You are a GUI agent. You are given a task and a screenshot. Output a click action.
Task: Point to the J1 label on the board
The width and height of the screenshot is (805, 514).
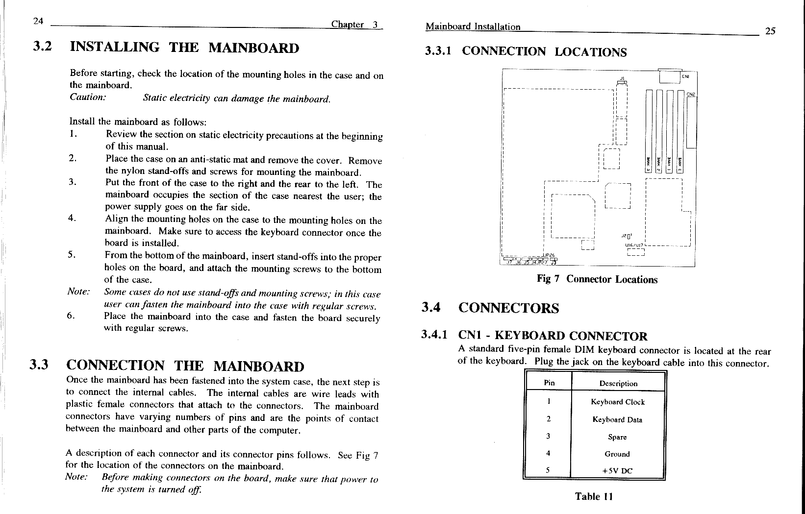point(622,78)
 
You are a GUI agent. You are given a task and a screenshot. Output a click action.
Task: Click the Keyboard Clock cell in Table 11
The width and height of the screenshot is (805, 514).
point(618,402)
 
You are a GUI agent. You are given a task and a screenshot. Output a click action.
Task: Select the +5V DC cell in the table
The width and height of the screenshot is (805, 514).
point(617,471)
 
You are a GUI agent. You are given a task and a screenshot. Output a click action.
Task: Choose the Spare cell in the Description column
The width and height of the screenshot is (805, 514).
point(617,437)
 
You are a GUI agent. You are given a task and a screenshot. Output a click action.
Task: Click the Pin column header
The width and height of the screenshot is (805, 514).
point(549,383)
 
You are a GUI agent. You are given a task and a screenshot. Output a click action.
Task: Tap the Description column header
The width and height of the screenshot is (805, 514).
point(618,383)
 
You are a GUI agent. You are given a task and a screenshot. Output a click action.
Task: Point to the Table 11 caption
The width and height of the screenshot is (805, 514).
point(594,496)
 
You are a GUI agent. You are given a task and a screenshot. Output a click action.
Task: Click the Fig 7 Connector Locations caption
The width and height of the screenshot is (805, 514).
point(597,279)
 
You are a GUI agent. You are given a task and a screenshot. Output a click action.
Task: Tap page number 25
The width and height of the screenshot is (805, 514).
point(770,31)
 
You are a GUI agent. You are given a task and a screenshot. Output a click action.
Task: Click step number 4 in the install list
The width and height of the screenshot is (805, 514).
point(72,219)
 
